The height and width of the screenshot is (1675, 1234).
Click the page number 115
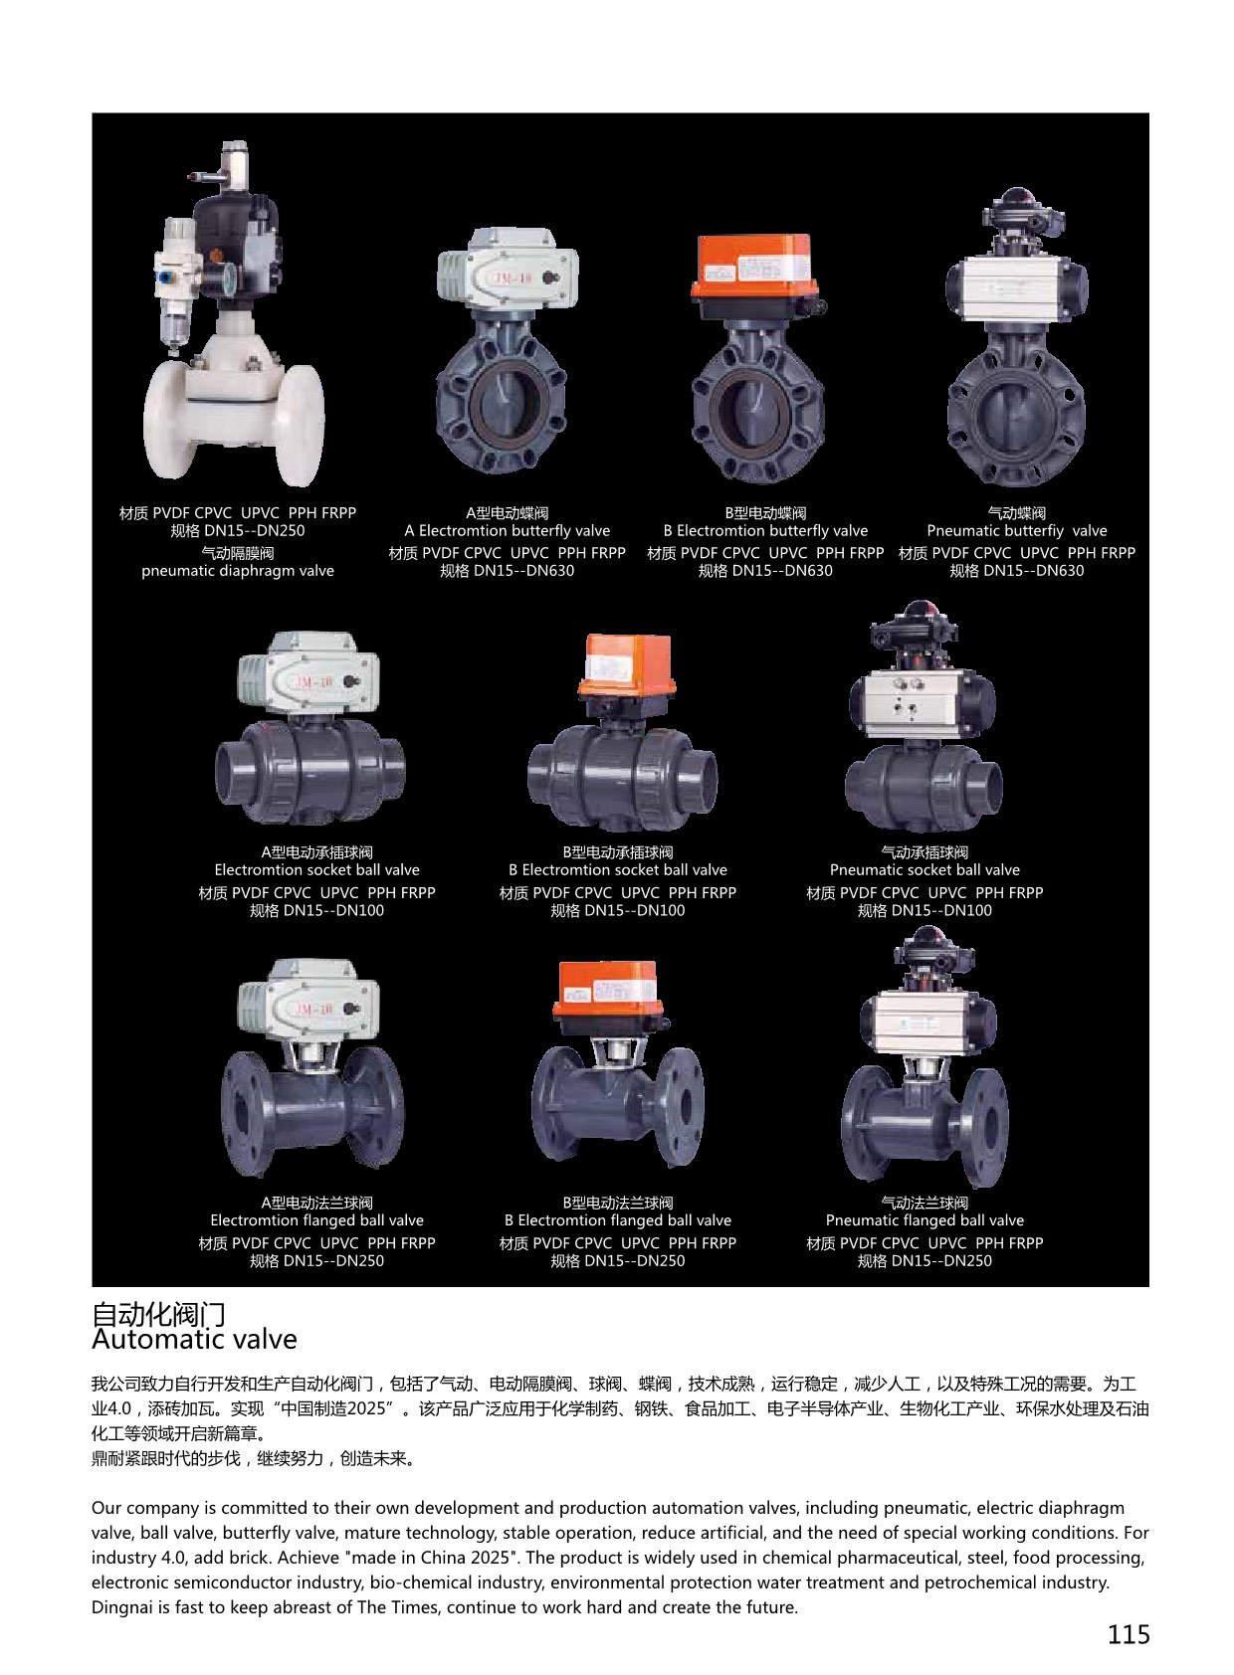pos(1128,1634)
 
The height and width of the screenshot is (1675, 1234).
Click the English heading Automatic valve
pos(194,1339)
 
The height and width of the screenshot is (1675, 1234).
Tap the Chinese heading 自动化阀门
pos(158,1314)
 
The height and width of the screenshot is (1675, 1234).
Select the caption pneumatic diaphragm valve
pos(237,571)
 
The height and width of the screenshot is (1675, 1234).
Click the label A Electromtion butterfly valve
pos(507,531)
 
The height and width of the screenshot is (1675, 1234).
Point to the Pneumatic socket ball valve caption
pos(925,869)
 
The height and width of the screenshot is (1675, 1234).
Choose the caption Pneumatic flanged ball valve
pos(925,1219)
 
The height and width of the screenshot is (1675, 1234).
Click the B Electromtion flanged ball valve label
pos(617,1219)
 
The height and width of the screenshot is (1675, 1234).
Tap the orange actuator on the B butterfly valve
pos(753,268)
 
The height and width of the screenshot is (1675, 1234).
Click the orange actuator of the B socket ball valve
pos(627,665)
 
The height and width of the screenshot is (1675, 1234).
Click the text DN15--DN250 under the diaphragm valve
pos(257,531)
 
